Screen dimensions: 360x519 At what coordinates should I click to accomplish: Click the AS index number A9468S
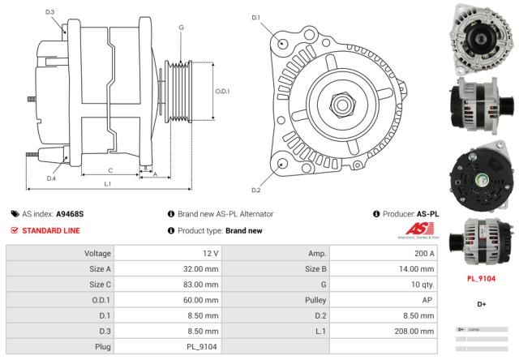pyautogui.click(x=70, y=214)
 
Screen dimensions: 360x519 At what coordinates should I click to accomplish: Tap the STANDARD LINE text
pyautogui.click(x=50, y=230)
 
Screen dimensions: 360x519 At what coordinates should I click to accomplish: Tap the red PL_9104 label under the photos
pyautogui.click(x=482, y=278)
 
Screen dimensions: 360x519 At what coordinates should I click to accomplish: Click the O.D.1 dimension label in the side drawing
pyautogui.click(x=222, y=92)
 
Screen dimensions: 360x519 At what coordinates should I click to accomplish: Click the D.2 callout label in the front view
pyautogui.click(x=256, y=190)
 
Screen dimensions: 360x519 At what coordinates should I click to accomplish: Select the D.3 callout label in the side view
pyautogui.click(x=50, y=13)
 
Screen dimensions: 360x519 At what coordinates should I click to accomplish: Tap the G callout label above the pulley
pyautogui.click(x=181, y=28)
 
